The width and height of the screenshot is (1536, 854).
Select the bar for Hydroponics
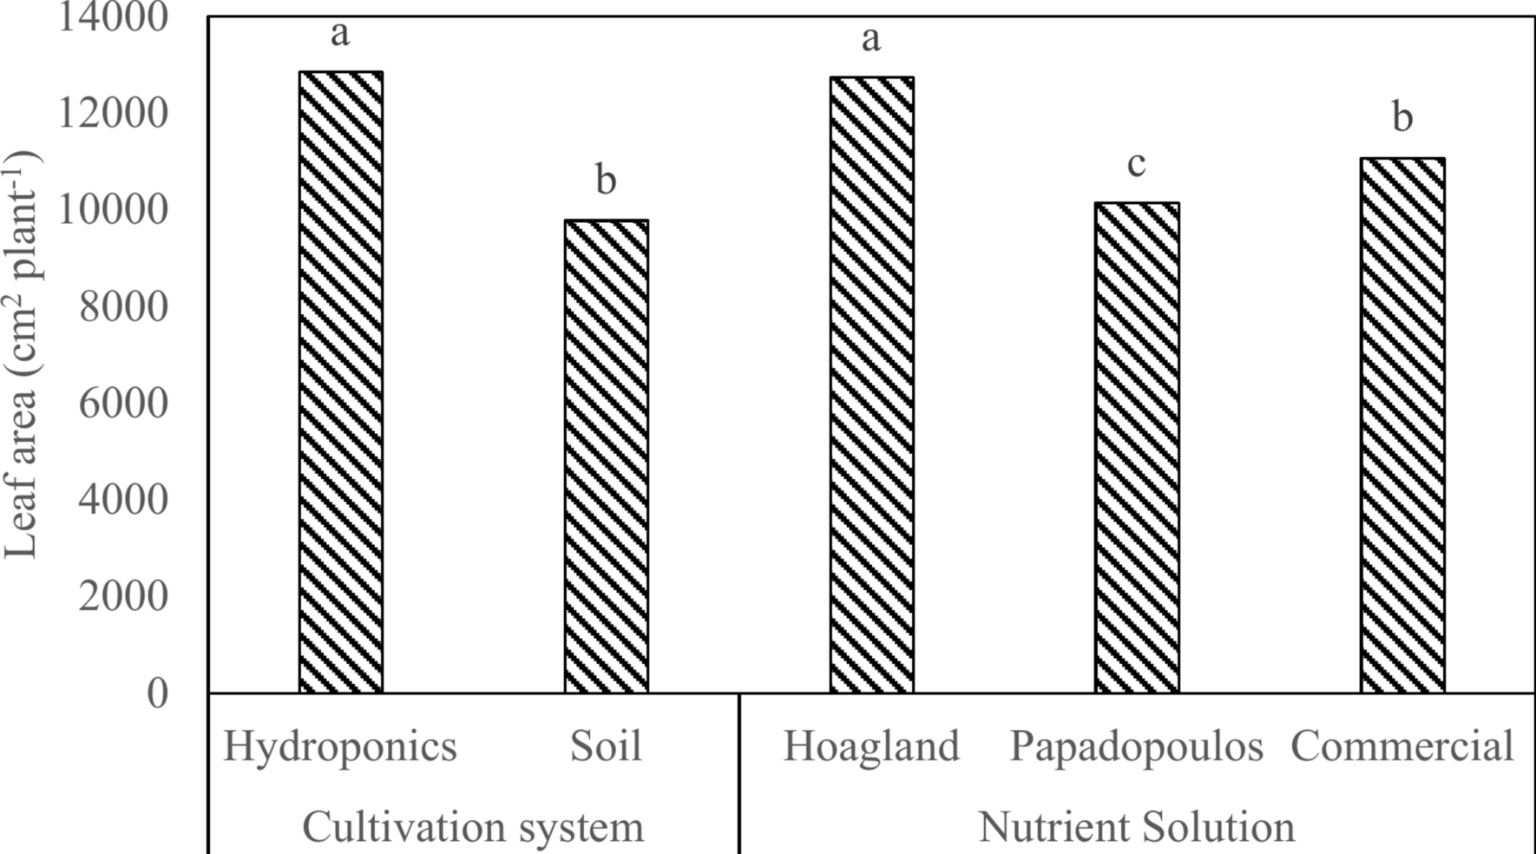coord(341,382)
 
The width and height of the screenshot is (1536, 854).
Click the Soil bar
coord(606,456)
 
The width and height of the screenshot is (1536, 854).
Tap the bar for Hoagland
coord(871,384)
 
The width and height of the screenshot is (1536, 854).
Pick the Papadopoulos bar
coord(1137,447)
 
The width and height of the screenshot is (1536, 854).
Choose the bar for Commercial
coord(1402,425)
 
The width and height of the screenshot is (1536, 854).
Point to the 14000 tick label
coord(112,16)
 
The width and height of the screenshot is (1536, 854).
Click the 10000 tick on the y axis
coord(112,209)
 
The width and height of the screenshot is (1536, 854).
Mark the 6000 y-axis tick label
coord(122,403)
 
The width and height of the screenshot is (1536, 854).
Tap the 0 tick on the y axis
coord(157,693)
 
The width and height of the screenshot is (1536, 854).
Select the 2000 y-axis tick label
coord(122,596)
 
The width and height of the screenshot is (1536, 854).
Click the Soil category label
coord(606,746)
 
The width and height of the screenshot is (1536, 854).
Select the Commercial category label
coord(1402,746)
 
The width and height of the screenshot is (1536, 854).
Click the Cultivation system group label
coord(473,826)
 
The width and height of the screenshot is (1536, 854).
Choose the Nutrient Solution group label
coord(1136,826)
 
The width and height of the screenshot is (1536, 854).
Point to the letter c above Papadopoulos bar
coord(1136,164)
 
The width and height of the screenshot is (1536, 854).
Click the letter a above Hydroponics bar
coord(340,34)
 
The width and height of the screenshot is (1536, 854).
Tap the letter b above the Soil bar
coord(606,180)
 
